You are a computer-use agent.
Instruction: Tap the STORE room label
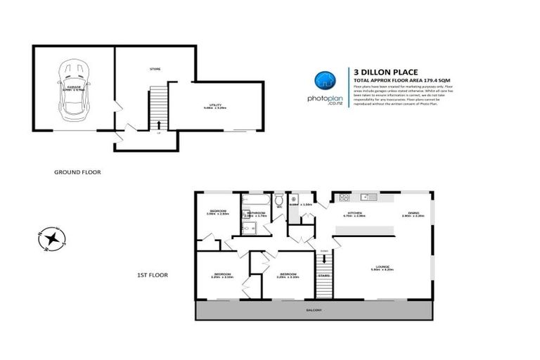pos(155,70)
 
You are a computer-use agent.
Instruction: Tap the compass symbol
pos(51,239)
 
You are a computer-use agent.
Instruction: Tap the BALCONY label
pos(314,310)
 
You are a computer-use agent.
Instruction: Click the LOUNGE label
pos(382,265)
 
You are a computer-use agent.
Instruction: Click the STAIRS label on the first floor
pos(323,276)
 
